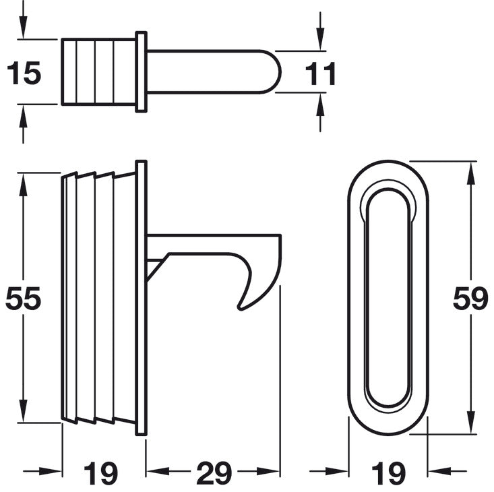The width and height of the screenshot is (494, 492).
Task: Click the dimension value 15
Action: click(24, 73)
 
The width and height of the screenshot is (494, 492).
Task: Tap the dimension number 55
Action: click(24, 299)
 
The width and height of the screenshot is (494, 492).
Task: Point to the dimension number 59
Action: click(470, 299)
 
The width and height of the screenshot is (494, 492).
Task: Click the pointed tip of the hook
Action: click(241, 309)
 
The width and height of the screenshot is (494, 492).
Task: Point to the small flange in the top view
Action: click(141, 71)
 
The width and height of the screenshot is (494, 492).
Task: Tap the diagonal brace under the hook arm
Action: click(154, 268)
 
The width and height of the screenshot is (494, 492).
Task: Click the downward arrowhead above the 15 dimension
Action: click(24, 31)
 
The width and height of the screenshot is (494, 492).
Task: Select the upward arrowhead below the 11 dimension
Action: click(320, 102)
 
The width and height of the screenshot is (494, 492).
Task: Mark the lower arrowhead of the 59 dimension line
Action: click(470, 425)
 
